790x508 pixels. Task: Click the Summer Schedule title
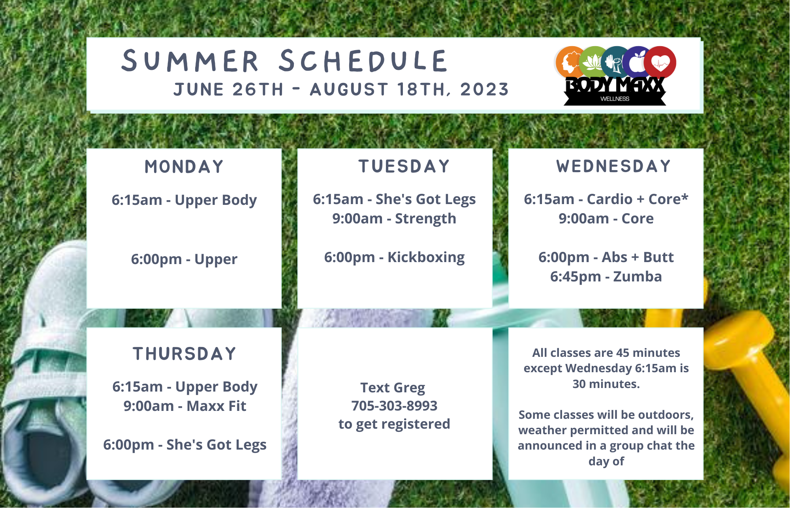(284, 61)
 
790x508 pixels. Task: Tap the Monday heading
(184, 167)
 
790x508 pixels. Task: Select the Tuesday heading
(404, 166)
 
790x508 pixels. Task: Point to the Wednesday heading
(613, 166)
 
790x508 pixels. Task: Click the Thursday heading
(184, 354)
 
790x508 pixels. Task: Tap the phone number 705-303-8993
(394, 406)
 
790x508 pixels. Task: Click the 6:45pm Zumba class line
(606, 277)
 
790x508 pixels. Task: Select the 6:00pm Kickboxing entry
(394, 257)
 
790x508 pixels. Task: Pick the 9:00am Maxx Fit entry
(184, 406)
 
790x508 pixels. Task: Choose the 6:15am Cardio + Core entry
(606, 199)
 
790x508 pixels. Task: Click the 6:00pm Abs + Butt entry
(606, 257)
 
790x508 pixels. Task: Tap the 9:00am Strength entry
(394, 219)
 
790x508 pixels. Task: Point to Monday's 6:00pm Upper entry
(184, 260)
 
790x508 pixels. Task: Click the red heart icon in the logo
(660, 62)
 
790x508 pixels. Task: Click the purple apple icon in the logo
(638, 62)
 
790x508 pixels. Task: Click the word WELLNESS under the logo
(615, 99)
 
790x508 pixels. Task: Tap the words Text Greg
(393, 388)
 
